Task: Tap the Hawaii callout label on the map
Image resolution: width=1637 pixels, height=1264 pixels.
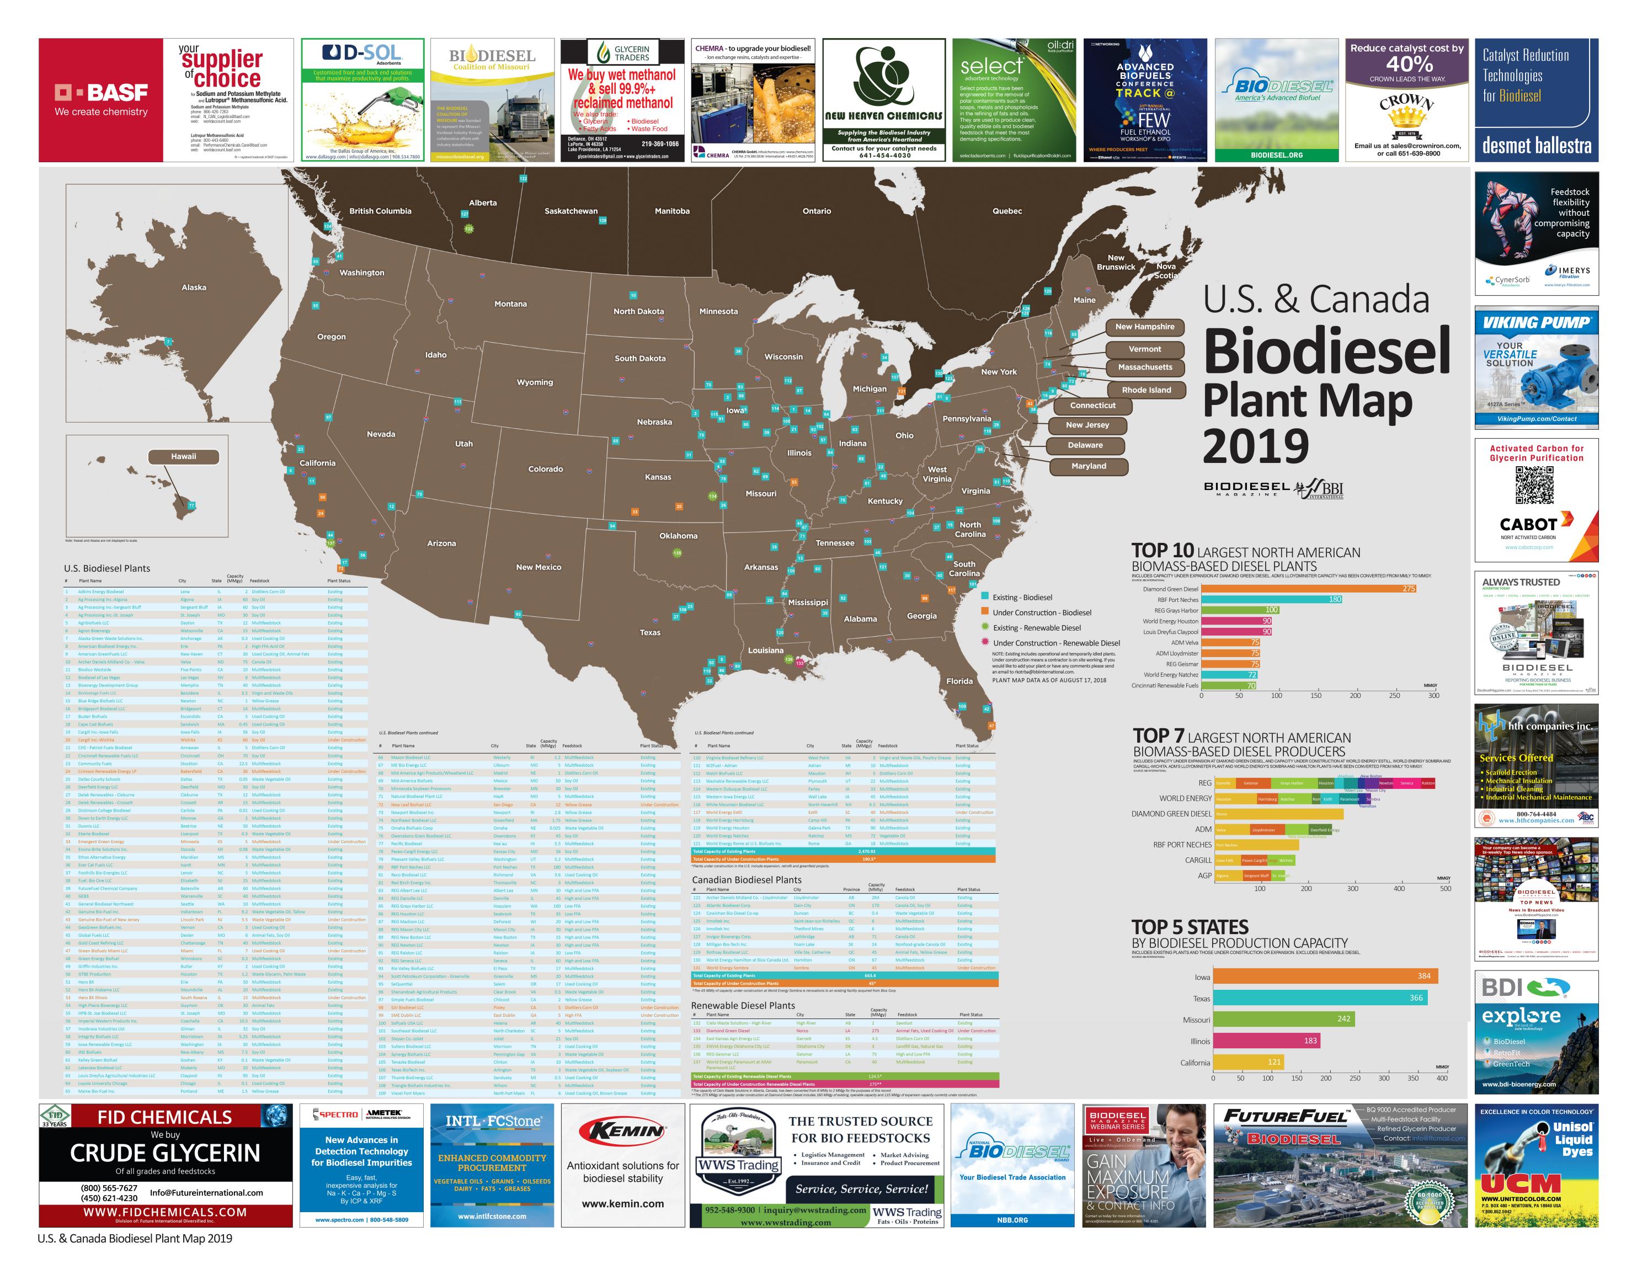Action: tap(184, 457)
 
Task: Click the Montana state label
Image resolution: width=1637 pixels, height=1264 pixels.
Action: tap(510, 303)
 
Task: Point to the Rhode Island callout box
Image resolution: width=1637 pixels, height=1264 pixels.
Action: tap(1146, 390)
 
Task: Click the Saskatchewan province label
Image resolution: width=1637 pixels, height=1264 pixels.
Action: tap(570, 211)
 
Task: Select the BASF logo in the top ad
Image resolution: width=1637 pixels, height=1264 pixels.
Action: tap(101, 93)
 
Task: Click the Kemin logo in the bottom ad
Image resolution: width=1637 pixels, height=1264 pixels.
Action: tap(623, 1130)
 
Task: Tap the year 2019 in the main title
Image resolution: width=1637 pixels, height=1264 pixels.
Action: tap(1256, 446)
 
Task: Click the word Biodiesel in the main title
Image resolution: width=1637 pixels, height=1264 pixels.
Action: tap(1327, 351)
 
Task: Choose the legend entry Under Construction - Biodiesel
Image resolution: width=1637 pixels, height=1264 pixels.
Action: tap(1041, 612)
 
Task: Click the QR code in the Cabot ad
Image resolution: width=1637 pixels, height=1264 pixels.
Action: tap(1534, 484)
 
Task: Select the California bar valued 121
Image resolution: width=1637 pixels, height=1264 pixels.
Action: tap(1248, 1062)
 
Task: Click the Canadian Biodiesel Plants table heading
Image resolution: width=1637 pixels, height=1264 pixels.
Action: tap(746, 879)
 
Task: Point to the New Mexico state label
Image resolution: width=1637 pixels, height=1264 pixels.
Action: tap(538, 567)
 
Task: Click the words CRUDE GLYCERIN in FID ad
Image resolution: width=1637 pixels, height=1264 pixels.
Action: tap(165, 1153)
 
